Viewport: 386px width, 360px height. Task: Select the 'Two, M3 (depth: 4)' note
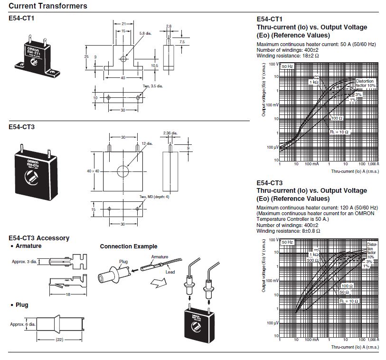[154, 197]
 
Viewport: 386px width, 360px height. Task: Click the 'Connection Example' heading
[128, 246]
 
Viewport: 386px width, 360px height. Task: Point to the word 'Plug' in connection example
[123, 262]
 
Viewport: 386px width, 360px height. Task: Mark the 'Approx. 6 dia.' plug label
[23, 324]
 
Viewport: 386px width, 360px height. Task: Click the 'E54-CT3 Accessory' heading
[39, 238]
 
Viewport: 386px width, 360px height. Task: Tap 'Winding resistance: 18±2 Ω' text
[287, 56]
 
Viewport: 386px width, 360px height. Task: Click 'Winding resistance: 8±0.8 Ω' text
[288, 231]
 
